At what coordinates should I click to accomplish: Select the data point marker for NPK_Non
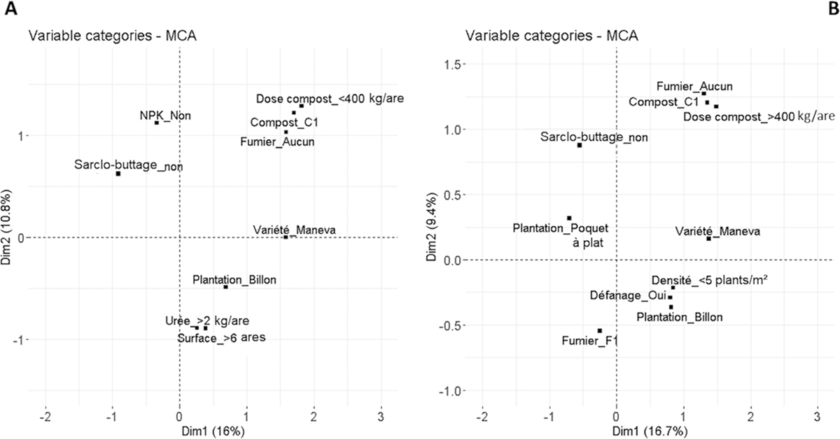coord(157,123)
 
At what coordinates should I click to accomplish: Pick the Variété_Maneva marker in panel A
coord(286,237)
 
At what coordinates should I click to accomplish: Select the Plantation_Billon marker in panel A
coord(225,287)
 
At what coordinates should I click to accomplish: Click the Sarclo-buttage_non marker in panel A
coord(118,174)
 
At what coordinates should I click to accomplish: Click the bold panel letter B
coord(833,8)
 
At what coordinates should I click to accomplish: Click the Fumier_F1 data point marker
coord(599,330)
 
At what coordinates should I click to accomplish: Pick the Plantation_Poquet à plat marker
coord(569,218)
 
